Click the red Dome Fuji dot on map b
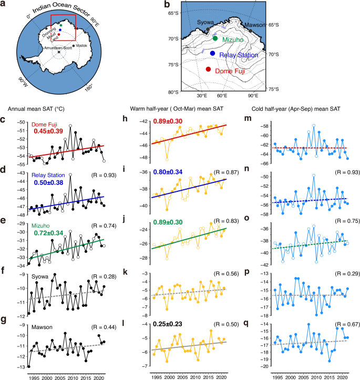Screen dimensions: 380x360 coord(208,69)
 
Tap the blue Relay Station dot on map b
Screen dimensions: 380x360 coord(212,53)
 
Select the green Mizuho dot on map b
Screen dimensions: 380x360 coord(215,38)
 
